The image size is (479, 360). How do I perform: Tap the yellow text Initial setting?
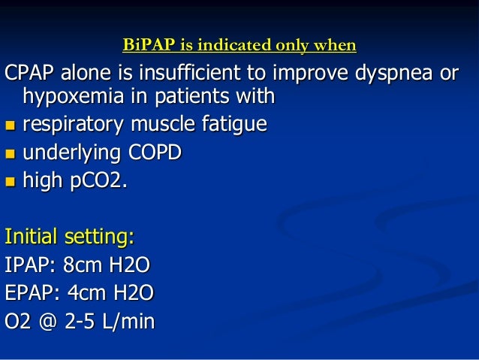point(70,238)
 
